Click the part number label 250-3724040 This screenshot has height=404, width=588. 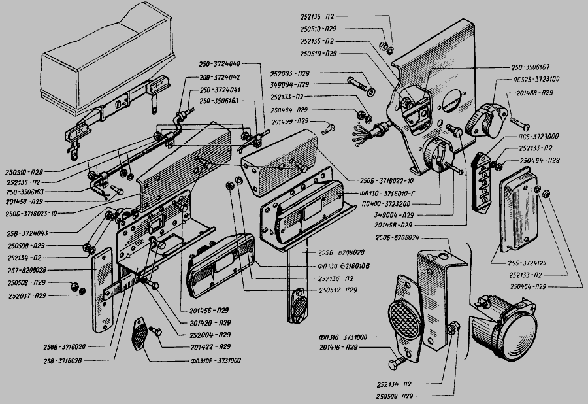220,64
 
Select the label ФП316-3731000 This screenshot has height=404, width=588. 344,337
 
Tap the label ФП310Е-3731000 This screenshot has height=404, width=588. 216,361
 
